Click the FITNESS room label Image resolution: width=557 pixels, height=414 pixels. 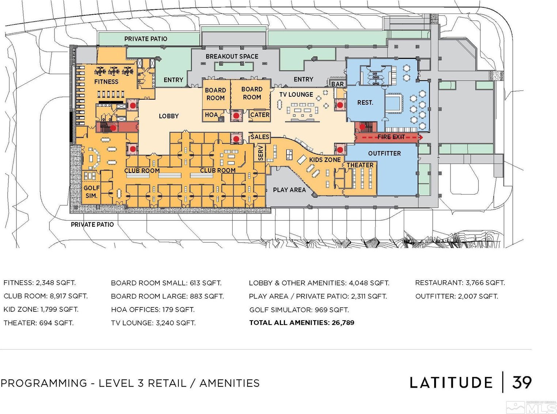106,82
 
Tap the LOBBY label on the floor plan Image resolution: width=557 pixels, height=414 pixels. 169,116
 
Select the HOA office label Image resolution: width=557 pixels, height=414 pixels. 211,115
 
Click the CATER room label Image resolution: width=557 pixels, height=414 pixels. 260,115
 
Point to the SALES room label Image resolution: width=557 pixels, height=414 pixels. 260,137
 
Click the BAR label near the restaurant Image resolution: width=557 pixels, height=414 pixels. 337,84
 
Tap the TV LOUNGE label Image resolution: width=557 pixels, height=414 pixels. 296,95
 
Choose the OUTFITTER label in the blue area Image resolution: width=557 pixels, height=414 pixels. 384,153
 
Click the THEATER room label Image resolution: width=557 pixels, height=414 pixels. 360,165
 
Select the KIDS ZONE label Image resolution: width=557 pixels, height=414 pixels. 325,160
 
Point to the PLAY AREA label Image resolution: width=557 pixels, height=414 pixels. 289,190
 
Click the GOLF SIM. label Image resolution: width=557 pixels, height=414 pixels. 92,192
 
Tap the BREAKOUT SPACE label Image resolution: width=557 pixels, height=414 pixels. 232,56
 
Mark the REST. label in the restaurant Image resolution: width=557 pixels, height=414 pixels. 365,103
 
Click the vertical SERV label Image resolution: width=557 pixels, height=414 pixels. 261,153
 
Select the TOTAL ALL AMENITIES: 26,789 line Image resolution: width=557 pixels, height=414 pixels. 302,323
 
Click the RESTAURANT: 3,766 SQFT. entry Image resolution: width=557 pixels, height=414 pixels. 460,283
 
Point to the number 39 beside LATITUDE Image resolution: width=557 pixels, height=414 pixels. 522,382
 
